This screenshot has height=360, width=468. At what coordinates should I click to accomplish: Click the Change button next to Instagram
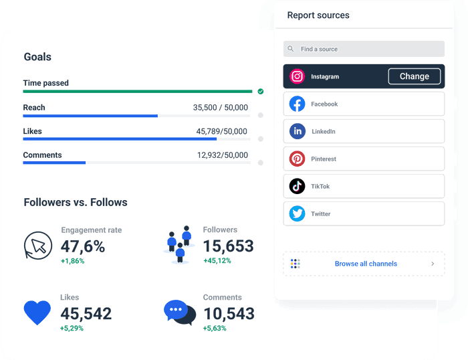coord(414,76)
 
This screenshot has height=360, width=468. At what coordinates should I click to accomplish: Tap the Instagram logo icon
coord(298,76)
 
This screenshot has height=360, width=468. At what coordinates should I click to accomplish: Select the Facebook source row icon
coord(298,104)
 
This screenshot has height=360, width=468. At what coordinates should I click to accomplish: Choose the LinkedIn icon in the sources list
coord(298,131)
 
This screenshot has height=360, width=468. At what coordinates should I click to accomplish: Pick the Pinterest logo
coord(298,159)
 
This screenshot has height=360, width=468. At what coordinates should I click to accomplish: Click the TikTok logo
coord(298,186)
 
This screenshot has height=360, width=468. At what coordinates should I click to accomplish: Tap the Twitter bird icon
coord(298,213)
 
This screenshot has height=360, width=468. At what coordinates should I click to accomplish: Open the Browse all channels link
coord(366,264)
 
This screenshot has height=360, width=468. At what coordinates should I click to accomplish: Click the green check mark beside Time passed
coord(260,91)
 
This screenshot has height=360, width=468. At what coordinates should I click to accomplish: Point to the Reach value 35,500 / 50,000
coord(220,108)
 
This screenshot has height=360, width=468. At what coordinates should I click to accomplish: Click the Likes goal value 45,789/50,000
coord(221,132)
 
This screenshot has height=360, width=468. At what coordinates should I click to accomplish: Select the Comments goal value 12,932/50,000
coord(222,155)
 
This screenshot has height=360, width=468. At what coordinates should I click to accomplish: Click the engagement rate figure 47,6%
coord(83,246)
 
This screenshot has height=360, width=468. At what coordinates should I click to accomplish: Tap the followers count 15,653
coord(228,246)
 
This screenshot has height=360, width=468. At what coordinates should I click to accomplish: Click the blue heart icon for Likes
coord(37,312)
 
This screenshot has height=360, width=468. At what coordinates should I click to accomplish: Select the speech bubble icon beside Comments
coord(179,312)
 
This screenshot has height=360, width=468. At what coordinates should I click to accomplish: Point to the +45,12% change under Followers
coord(217,261)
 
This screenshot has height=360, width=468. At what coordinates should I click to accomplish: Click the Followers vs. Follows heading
coord(76,202)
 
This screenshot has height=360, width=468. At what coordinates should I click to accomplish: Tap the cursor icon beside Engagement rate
coord(37,245)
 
